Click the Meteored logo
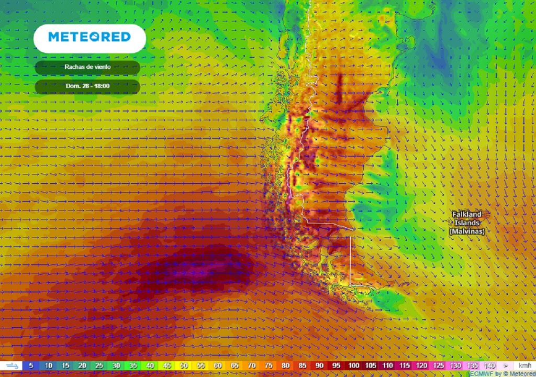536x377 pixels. pyautogui.click(x=89, y=37)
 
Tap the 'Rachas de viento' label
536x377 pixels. pyautogui.click(x=87, y=67)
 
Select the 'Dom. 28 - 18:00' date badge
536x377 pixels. pyautogui.click(x=87, y=86)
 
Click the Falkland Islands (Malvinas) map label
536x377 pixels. pyautogui.click(x=467, y=223)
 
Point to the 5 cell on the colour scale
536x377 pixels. pyautogui.click(x=31, y=365)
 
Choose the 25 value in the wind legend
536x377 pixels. pyautogui.click(x=99, y=365)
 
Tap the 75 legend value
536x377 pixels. pyautogui.click(x=269, y=365)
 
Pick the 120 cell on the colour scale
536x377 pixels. pyautogui.click(x=421, y=365)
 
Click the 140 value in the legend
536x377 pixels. pyautogui.click(x=489, y=365)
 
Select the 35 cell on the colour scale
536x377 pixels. pyautogui.click(x=133, y=365)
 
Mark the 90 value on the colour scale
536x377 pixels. pyautogui.click(x=319, y=365)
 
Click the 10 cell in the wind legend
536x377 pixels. pyautogui.click(x=48, y=365)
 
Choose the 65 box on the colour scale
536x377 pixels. pyautogui.click(x=234, y=365)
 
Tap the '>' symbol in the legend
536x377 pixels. pyautogui.click(x=506, y=365)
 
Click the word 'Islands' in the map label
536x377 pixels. pyautogui.click(x=467, y=223)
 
